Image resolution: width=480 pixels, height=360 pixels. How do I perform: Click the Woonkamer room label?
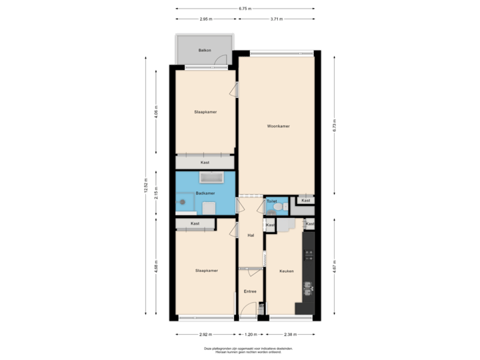tap(278, 126)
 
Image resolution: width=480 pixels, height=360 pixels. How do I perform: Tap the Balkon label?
tap(205, 51)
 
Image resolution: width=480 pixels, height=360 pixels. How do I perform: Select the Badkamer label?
tap(205, 193)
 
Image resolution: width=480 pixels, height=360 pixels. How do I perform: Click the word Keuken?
tap(287, 271)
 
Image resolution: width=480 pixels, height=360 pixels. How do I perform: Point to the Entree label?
tap(250, 291)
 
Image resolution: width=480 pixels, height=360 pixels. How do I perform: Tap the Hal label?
tap(251, 235)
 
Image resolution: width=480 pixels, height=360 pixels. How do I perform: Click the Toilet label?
tap(271, 201)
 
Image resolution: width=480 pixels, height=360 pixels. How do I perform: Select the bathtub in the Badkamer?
tap(212, 178)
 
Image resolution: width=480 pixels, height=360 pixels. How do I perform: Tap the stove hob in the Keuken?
tap(308, 255)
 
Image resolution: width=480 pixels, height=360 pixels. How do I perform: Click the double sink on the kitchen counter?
tap(307, 288)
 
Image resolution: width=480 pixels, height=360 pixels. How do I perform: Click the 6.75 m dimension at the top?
tap(245, 9)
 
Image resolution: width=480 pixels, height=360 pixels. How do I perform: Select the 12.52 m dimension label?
tap(145, 186)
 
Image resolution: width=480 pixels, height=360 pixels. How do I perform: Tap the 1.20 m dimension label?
tap(250, 334)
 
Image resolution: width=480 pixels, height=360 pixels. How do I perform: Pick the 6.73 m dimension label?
tap(334, 125)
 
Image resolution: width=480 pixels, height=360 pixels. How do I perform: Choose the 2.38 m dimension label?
tap(291, 334)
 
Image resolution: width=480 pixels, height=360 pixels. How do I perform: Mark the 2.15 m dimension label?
tap(156, 192)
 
